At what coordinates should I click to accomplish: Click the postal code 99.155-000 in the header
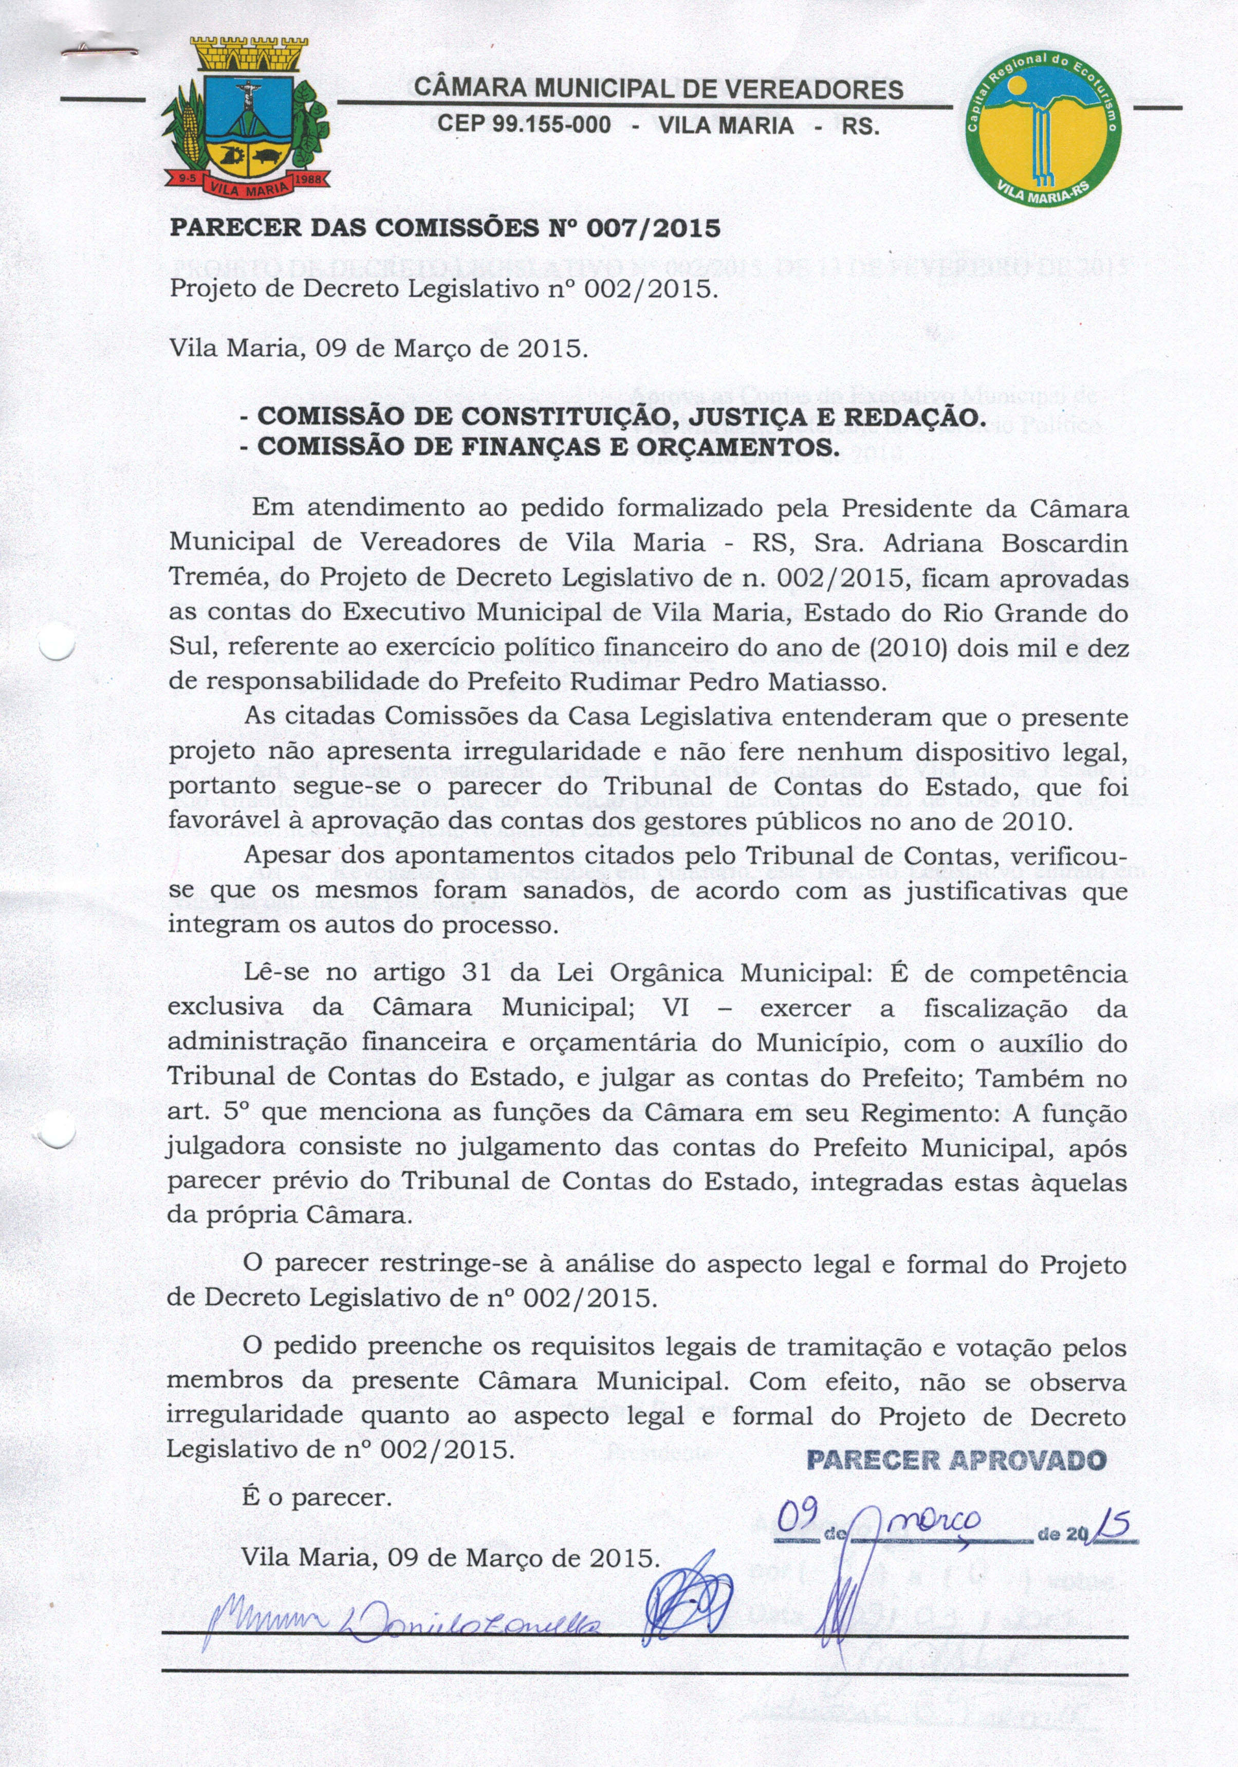coord(524,125)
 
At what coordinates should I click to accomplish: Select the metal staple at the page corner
coord(100,51)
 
